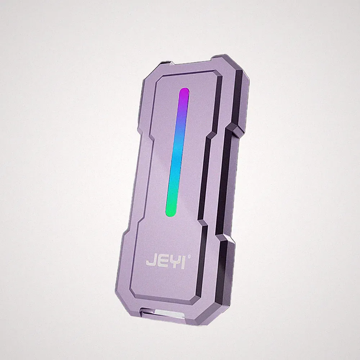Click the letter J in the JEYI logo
coord(150,263)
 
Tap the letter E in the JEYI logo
coord(160,263)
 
